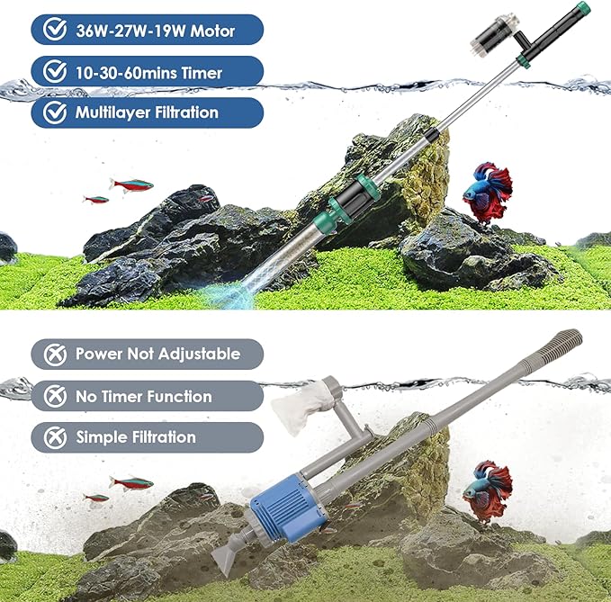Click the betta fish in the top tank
486,192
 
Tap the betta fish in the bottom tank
486,490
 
